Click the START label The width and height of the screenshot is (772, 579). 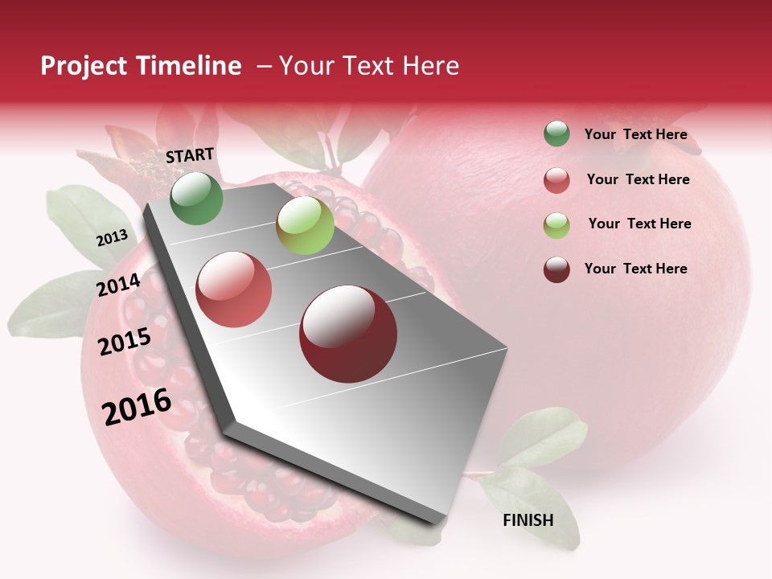190,155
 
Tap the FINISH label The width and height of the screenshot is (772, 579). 528,520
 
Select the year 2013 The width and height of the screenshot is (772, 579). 112,238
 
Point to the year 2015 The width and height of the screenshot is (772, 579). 125,343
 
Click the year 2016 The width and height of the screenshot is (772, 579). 137,406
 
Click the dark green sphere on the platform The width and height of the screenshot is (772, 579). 196,199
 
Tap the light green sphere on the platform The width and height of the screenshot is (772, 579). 305,224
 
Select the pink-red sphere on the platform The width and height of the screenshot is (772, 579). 234,289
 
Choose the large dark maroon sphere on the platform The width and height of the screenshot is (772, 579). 348,334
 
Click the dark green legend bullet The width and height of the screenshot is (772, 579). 556,134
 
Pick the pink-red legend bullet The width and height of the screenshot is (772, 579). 556,180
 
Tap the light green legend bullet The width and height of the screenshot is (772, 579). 556,225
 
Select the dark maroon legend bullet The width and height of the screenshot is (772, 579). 556,269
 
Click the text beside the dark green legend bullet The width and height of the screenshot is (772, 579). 635,135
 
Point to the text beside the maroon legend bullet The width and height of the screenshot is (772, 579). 635,269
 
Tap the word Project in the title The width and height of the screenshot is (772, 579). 82,66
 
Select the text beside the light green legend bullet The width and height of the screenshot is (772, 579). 639,224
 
